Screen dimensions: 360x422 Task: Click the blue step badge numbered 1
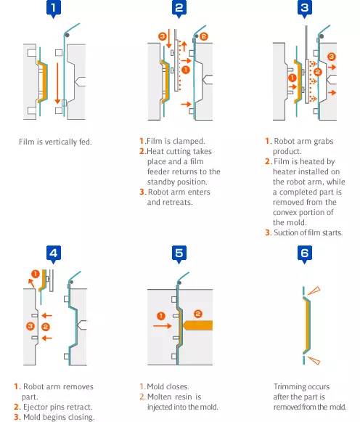pyautogui.click(x=54, y=8)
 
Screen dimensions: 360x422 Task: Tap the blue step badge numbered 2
pyautogui.click(x=179, y=8)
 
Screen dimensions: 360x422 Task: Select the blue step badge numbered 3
pyautogui.click(x=305, y=8)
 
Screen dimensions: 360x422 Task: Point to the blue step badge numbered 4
pyautogui.click(x=54, y=254)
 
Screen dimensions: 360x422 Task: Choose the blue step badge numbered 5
pyautogui.click(x=179, y=254)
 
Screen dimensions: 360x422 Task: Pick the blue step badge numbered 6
pyautogui.click(x=305, y=254)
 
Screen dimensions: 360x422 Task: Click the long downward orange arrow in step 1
pyautogui.click(x=57, y=83)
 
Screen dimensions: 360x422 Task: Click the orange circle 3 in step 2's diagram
pyautogui.click(x=163, y=36)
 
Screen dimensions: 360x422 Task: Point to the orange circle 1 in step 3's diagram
pyautogui.click(x=292, y=78)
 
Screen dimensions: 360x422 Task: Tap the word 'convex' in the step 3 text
pyautogui.click(x=285, y=212)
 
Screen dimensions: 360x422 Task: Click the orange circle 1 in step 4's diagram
pyautogui.click(x=36, y=274)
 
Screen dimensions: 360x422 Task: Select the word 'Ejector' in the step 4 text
pyautogui.click(x=36, y=407)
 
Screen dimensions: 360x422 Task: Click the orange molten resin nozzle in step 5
pyautogui.click(x=197, y=325)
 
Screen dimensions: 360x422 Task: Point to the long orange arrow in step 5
pyautogui.click(x=163, y=326)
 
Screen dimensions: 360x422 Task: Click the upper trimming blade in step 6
pyautogui.click(x=314, y=291)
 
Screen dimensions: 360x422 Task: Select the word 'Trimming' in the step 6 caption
pyautogui.click(x=288, y=386)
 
